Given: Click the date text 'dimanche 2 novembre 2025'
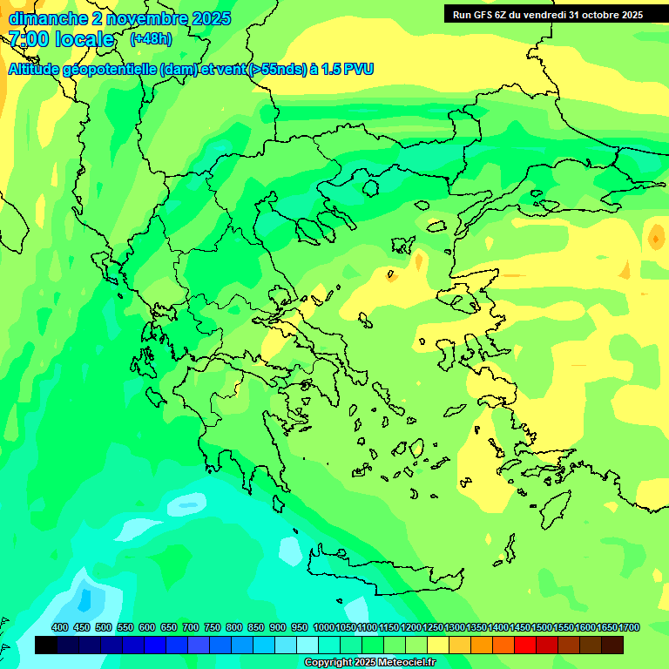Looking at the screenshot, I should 119,18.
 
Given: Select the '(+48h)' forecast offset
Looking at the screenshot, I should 151,39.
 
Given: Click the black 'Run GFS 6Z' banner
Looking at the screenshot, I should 548,14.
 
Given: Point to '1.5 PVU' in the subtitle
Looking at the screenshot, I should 347,69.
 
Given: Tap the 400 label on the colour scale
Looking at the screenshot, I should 60,627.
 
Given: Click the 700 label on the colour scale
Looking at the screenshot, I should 191,627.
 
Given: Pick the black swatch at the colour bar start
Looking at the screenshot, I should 46,645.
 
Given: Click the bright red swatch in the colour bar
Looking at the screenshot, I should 525,645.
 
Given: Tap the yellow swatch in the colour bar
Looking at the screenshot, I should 438,645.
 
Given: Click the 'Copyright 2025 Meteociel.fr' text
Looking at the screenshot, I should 369,662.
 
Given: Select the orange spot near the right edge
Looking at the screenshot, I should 656,235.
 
